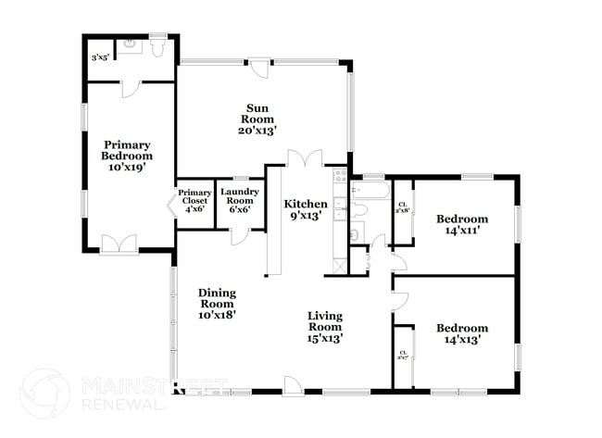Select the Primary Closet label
(x=194, y=201)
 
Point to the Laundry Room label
(x=239, y=201)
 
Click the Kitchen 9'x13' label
(x=305, y=210)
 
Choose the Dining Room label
(x=217, y=304)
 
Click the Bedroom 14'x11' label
(x=462, y=226)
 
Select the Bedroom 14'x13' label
(x=462, y=334)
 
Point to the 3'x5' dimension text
(x=99, y=58)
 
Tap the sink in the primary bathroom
(x=129, y=43)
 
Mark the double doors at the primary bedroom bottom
(x=119, y=244)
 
